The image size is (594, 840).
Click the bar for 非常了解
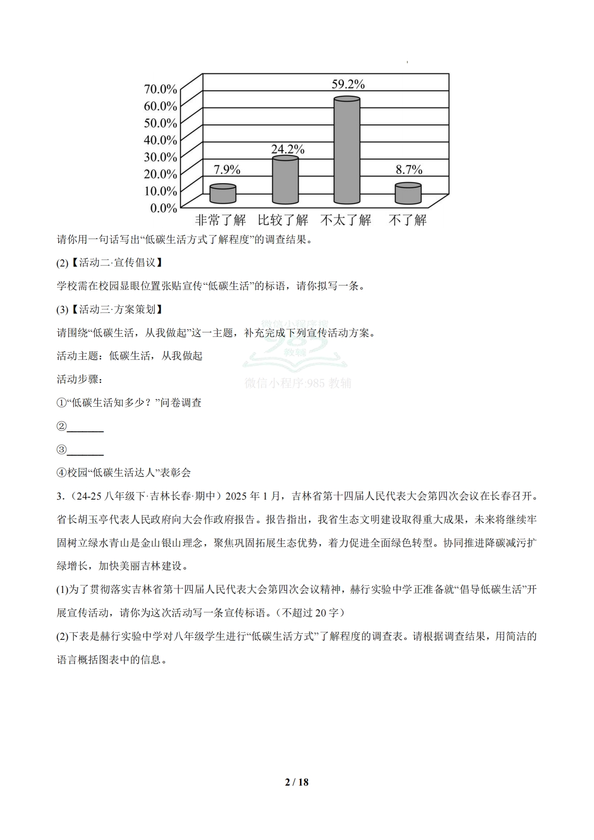point(223,194)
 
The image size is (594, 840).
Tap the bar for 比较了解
point(285,180)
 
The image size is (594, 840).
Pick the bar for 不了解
point(408,194)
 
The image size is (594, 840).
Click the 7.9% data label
point(227,170)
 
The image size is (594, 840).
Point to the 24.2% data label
point(288,149)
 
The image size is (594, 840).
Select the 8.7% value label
point(409,170)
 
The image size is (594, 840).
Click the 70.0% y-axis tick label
point(160,89)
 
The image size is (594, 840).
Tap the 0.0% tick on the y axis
point(163,208)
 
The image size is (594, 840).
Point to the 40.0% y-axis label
point(160,140)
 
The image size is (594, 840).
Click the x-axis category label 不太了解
point(346,220)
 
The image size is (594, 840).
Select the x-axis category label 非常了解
point(220,220)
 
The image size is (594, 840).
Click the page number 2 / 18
point(297,782)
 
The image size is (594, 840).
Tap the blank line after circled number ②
point(85,427)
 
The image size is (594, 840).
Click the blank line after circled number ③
point(85,451)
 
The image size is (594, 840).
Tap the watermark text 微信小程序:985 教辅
point(297,383)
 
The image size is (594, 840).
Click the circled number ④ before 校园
point(61,473)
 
